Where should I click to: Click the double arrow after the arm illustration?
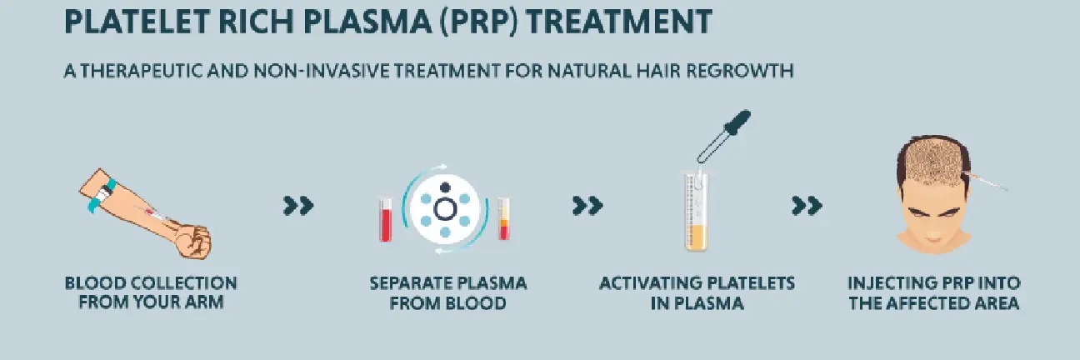click(297, 206)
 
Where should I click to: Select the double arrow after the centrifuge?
click(587, 206)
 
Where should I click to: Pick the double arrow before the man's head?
click(806, 206)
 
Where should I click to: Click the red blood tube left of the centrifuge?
click(385, 220)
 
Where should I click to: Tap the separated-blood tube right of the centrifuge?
click(503, 218)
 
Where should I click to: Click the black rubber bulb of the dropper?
click(737, 123)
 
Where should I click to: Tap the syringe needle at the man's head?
click(987, 182)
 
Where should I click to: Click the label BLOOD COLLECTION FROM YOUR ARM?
click(151, 292)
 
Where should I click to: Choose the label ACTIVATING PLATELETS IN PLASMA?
click(697, 292)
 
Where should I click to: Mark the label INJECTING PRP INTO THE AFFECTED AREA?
click(933, 292)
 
